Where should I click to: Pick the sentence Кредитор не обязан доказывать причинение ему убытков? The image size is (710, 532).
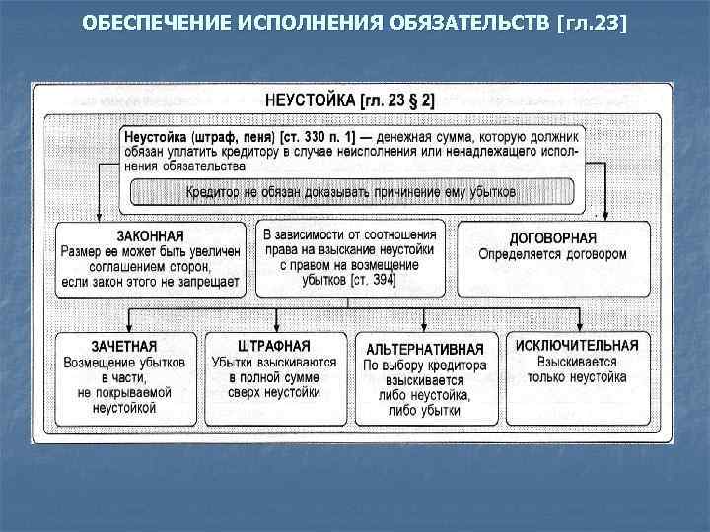351,191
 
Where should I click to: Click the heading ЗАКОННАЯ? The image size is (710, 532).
150,236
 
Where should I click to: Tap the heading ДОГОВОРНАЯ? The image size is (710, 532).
552,238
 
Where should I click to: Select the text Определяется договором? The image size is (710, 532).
552,254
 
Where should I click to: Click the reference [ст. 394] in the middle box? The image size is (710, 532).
371,281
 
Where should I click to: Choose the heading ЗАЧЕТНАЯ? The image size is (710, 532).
124,347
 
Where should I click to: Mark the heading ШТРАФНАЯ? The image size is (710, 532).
274,346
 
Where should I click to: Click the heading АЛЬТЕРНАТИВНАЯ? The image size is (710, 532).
425,350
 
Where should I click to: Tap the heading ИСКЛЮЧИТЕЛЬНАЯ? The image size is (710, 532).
577,346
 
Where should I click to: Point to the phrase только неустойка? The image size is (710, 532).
577,377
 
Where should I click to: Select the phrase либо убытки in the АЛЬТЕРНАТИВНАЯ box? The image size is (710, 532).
425,411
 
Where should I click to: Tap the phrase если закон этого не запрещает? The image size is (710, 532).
150,282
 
